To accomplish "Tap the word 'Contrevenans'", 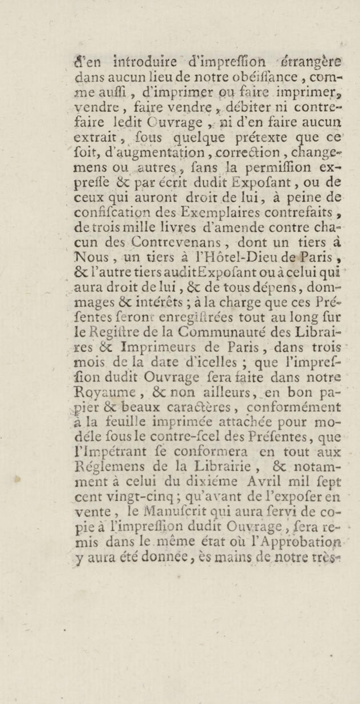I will point(176,242).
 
